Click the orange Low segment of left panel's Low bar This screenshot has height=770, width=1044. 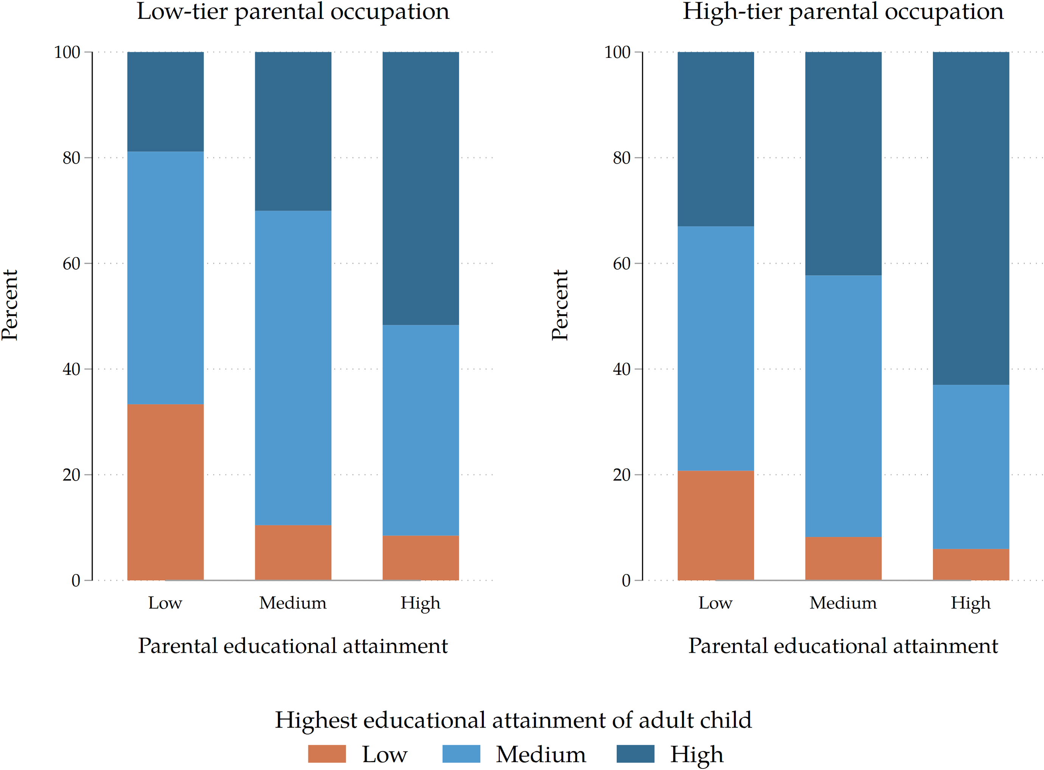165,492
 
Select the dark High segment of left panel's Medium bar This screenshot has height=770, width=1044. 293,131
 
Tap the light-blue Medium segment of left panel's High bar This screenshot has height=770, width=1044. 420,430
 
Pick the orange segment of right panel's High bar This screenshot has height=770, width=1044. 971,564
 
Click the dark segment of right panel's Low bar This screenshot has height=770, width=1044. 716,139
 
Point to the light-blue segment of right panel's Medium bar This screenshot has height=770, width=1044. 843,406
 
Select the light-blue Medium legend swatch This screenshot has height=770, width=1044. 461,754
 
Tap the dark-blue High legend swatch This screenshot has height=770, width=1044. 635,754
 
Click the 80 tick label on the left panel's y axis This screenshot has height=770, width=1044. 71,158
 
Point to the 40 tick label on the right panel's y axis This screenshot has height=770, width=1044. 621,369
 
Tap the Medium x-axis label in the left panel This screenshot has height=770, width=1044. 293,603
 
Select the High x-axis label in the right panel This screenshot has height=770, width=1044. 971,603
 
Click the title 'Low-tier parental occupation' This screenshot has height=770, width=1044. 293,12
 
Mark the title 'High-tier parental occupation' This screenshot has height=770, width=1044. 843,12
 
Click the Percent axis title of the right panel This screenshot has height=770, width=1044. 559,305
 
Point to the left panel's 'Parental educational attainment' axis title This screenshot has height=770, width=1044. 293,646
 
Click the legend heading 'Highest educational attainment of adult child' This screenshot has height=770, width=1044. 513,720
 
